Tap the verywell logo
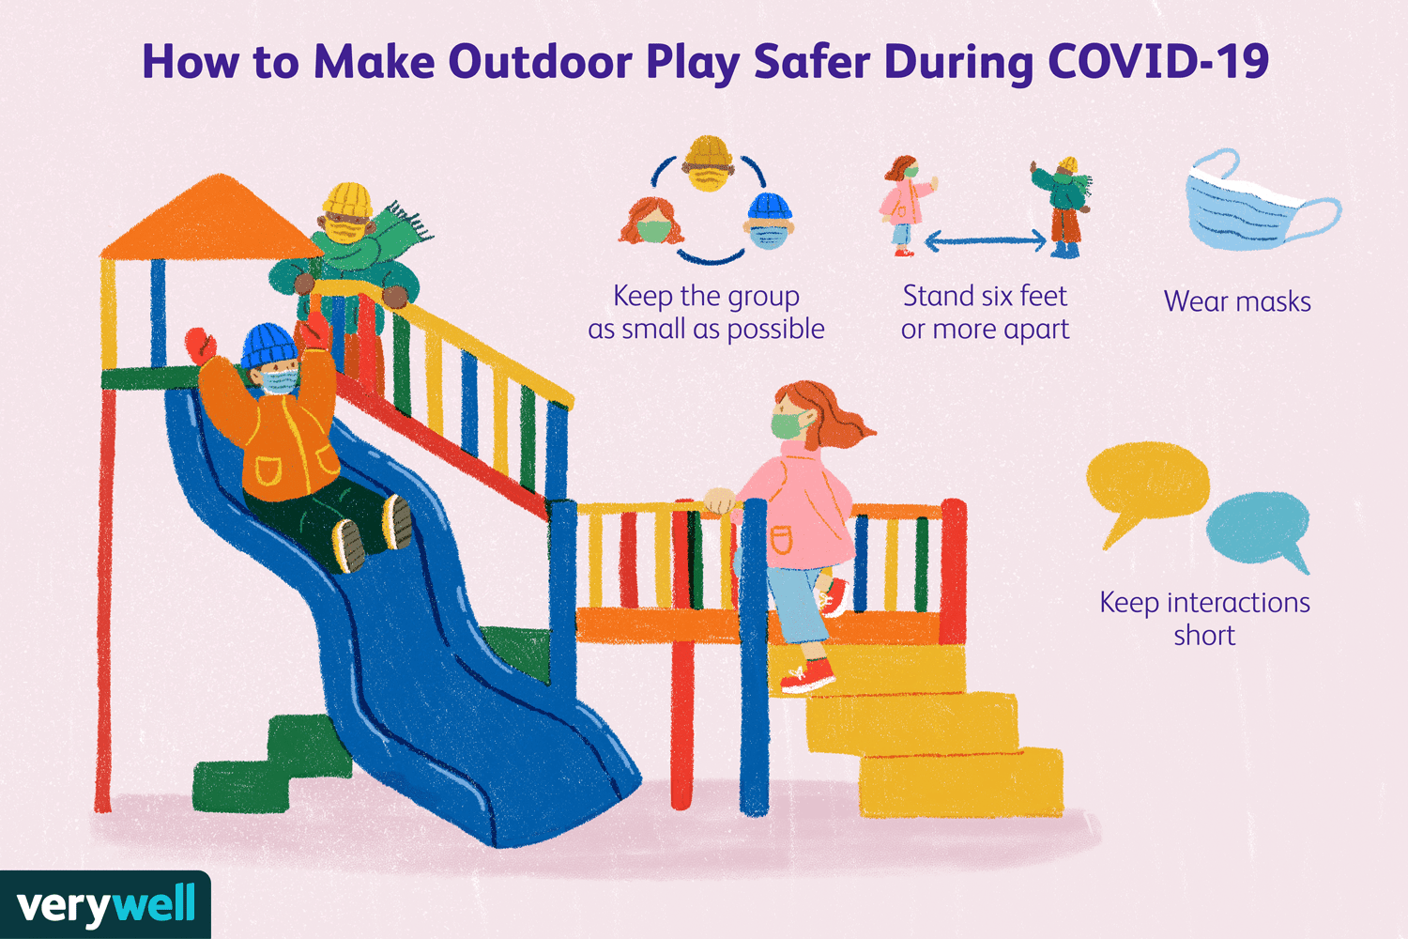tap(105, 905)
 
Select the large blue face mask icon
tap(1262, 200)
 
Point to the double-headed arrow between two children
tap(985, 239)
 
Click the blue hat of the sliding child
tap(269, 346)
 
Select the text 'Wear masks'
tap(1237, 301)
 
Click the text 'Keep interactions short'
tap(1204, 618)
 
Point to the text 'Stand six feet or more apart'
tap(985, 312)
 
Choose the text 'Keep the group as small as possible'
tap(706, 312)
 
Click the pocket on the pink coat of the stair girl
tap(781, 540)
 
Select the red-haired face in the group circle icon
tap(651, 221)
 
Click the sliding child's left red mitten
tap(201, 346)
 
